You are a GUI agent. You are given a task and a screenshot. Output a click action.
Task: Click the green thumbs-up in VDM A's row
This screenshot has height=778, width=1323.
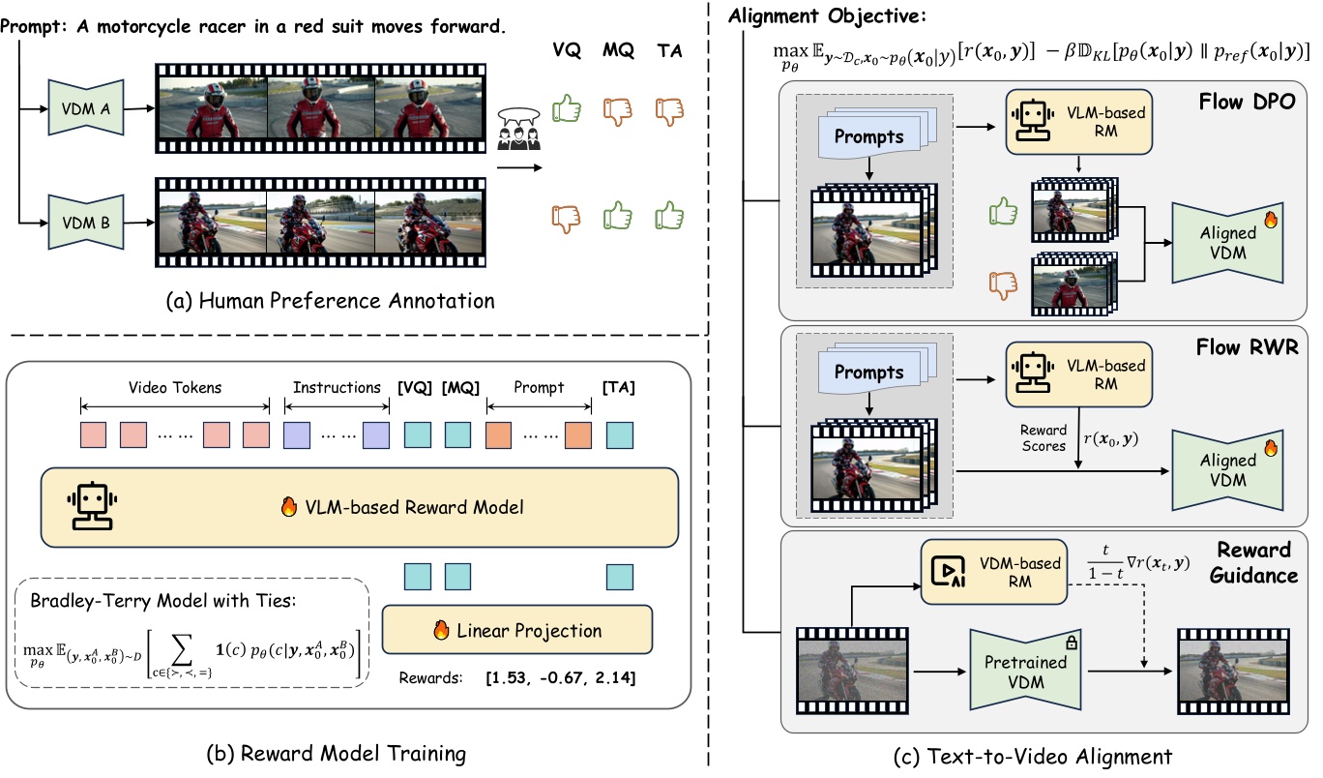[568, 110]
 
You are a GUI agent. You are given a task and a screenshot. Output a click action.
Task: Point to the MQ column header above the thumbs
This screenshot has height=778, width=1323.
[621, 54]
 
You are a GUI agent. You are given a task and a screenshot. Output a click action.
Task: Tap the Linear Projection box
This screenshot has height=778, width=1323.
[517, 631]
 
